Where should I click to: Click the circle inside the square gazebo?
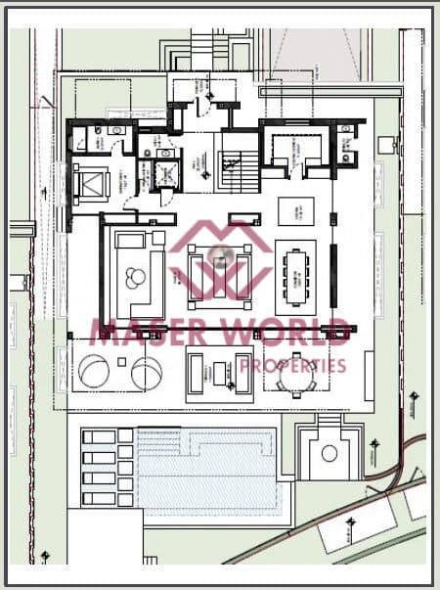coord(329,454)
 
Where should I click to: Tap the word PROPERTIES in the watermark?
coord(293,366)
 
